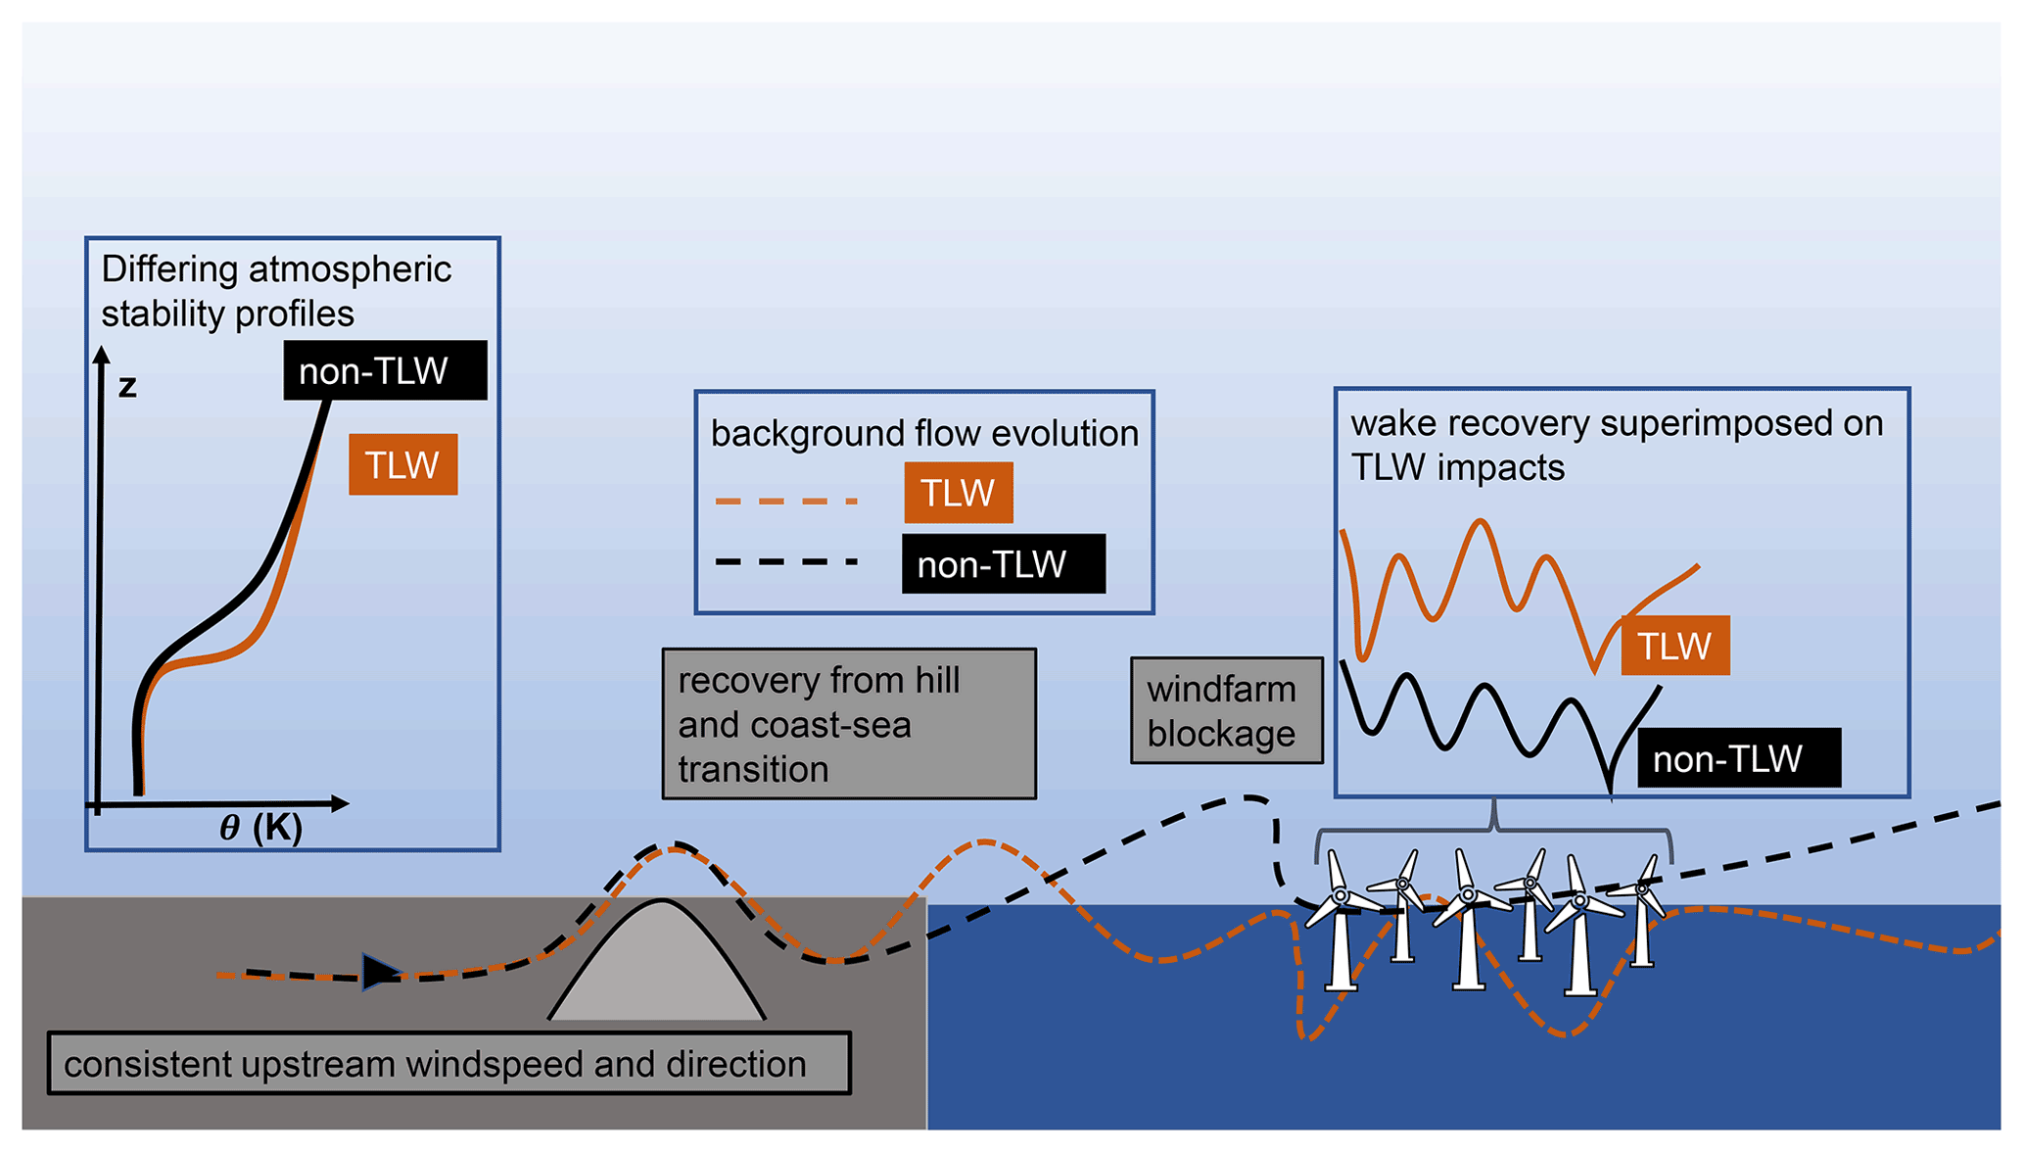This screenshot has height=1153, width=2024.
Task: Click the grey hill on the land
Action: pyautogui.click(x=658, y=970)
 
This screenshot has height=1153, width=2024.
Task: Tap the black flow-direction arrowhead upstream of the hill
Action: pyautogui.click(x=380, y=972)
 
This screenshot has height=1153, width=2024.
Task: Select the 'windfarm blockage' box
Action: pyautogui.click(x=1226, y=711)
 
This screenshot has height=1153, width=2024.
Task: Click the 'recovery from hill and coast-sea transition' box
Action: pyautogui.click(x=848, y=724)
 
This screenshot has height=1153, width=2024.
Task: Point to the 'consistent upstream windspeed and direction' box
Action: pyautogui.click(x=448, y=1063)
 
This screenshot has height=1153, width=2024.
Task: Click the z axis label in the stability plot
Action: pyautogui.click(x=127, y=388)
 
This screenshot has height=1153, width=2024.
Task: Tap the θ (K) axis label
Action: pyautogui.click(x=260, y=828)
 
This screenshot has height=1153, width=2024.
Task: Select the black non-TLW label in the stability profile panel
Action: pyautogui.click(x=385, y=370)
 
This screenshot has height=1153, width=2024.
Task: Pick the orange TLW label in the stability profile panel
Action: pyautogui.click(x=402, y=464)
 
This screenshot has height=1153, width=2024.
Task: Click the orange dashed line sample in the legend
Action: pyautogui.click(x=786, y=502)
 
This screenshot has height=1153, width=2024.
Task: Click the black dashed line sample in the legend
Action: pyautogui.click(x=786, y=562)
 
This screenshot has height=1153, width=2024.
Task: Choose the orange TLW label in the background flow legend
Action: pyautogui.click(x=958, y=493)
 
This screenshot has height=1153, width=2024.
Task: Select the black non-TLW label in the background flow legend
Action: pyautogui.click(x=1003, y=564)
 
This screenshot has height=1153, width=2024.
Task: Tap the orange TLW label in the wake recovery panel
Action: pyautogui.click(x=1674, y=646)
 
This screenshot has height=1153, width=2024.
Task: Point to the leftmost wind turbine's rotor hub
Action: pyautogui.click(x=1341, y=895)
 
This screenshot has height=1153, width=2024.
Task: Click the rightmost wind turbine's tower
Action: pyautogui.click(x=1642, y=931)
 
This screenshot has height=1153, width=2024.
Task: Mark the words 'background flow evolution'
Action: pyautogui.click(x=924, y=433)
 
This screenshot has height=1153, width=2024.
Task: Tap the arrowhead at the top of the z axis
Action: pyautogui.click(x=101, y=355)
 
